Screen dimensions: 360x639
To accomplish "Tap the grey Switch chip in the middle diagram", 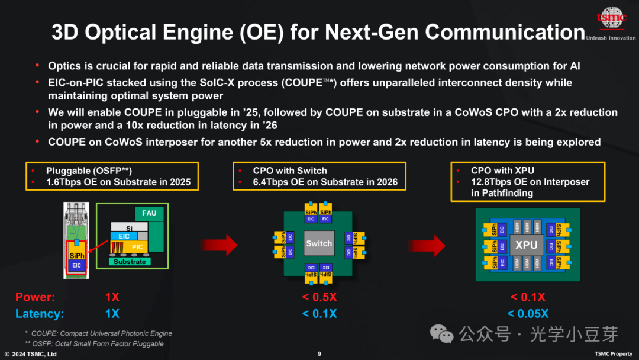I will click(x=319, y=243).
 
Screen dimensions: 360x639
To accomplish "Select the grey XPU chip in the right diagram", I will click(x=526, y=245).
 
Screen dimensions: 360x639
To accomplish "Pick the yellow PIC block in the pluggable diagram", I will click(x=137, y=246).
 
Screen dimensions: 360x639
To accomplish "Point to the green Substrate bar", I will click(x=130, y=262).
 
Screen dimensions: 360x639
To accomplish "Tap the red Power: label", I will click(x=35, y=297).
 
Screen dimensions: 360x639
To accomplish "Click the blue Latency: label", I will click(x=39, y=314).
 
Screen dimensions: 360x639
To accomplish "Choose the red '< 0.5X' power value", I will click(x=319, y=297).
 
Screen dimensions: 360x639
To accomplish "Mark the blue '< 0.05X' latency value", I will click(x=528, y=314).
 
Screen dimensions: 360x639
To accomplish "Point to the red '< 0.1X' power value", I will click(x=528, y=297).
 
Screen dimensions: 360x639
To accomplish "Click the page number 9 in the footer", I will click(x=319, y=354).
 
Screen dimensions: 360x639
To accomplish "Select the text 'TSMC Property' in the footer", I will click(x=614, y=354).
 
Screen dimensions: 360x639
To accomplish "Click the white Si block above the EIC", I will click(x=128, y=227).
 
